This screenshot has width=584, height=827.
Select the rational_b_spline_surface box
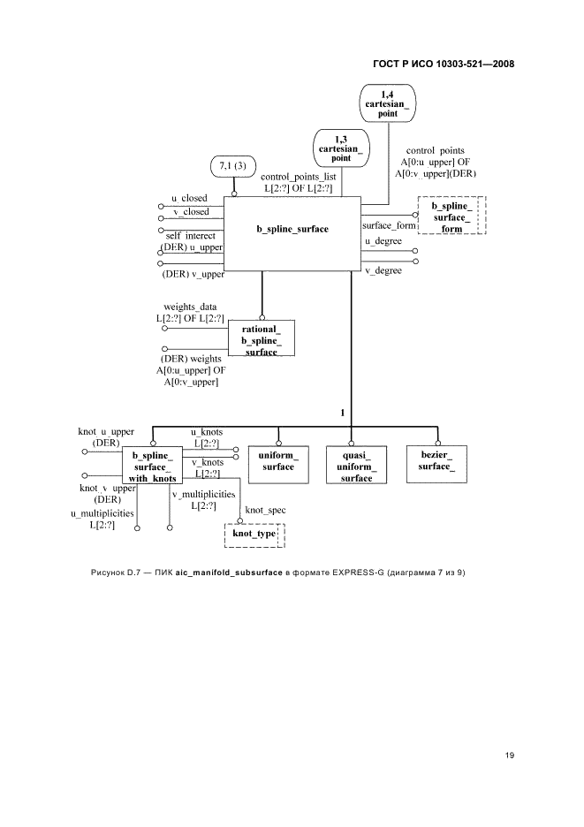point(261,338)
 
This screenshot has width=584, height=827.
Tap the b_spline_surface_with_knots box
point(152,467)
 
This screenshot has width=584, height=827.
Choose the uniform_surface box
point(278,461)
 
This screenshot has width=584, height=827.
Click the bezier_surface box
point(431,461)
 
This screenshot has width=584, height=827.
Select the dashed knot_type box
point(255,535)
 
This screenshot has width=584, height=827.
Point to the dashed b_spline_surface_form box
point(452,217)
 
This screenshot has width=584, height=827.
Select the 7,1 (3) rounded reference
point(234,165)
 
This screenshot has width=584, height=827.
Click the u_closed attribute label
point(190,199)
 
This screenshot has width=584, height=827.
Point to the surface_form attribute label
point(389,224)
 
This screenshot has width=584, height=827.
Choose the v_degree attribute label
point(383,270)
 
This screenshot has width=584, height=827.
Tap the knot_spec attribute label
point(265,511)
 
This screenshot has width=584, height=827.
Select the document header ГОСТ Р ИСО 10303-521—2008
point(444,64)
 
